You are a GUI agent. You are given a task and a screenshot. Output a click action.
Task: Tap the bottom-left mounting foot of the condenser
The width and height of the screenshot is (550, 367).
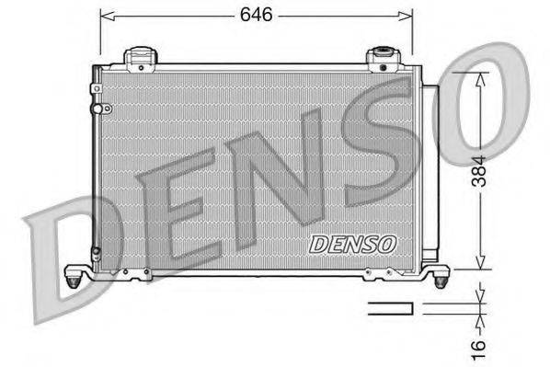click(75, 273)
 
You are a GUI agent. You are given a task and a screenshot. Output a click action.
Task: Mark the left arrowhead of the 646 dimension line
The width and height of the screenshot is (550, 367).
click(104, 15)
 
